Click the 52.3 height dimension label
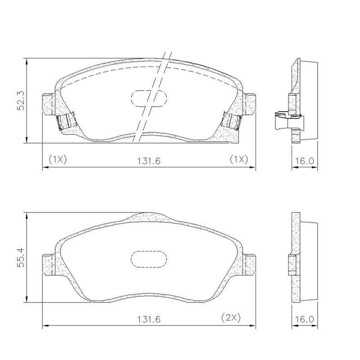tap(21, 100)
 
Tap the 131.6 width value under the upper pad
tap(148, 161)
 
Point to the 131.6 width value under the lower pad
tap(148, 319)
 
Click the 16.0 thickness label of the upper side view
tap(304, 161)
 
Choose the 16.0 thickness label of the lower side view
tap(304, 319)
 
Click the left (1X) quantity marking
tap(58, 159)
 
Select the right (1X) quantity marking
tap(239, 159)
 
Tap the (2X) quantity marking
tap(231, 318)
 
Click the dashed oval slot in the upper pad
tap(149, 99)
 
